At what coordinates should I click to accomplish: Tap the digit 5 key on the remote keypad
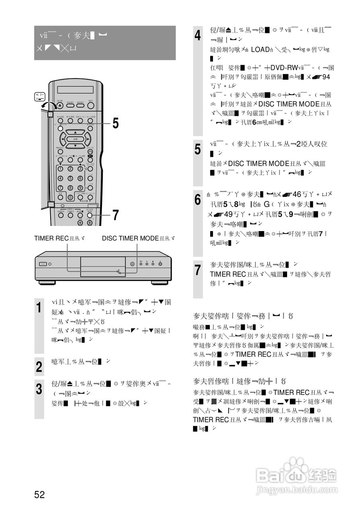(70, 178)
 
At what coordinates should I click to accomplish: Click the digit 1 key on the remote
(61, 169)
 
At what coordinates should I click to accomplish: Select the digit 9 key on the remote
(80, 188)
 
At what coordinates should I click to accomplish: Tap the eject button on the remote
(60, 105)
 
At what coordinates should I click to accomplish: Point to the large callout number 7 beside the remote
(115, 215)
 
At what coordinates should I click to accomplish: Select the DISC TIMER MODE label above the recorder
(138, 238)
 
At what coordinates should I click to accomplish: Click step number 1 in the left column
(39, 308)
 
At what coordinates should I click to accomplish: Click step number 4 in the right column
(198, 36)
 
